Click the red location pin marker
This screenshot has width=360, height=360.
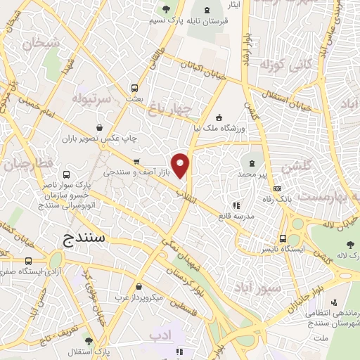pyautogui.click(x=181, y=165)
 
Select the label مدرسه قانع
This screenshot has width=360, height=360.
pyautogui.click(x=240, y=218)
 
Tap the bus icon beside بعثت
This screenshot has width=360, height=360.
pyautogui.click(x=134, y=89)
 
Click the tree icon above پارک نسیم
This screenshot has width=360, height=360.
pyautogui.click(x=166, y=9)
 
